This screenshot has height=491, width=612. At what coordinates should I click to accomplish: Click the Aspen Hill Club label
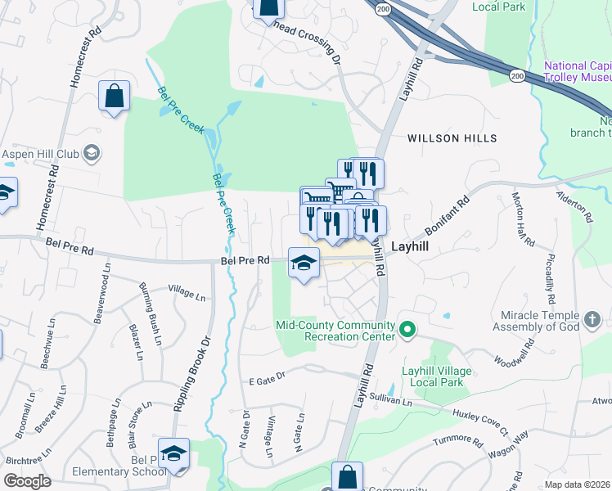tap(40, 153)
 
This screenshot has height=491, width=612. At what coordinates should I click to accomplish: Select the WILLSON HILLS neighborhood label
tap(452, 139)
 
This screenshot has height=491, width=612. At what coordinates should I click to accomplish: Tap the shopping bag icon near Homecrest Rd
tap(114, 96)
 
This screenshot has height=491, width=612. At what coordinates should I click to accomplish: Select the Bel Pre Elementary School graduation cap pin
tap(173, 453)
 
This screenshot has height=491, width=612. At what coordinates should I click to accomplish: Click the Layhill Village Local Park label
tap(436, 376)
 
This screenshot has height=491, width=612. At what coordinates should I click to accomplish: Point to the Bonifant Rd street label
tap(447, 217)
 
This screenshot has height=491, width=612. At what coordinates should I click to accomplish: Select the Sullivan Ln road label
tap(389, 399)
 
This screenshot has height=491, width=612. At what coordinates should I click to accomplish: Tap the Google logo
tap(28, 481)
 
